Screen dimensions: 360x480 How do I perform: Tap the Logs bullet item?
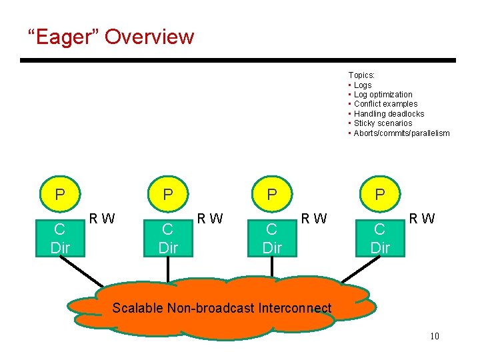coord(363,85)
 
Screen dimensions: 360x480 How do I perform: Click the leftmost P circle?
coord(60,195)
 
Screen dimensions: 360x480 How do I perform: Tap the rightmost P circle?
coord(380,195)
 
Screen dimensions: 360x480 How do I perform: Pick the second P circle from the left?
coord(168,195)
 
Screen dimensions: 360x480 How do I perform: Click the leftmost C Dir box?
coord(59,238)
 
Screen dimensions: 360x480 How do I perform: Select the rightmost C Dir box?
coord(379,238)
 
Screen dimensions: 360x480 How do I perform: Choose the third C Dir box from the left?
coord(272,238)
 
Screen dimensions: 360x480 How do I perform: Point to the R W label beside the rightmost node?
coord(421,218)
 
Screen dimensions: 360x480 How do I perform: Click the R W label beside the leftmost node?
coord(102,218)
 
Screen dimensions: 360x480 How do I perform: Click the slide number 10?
coord(435,336)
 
